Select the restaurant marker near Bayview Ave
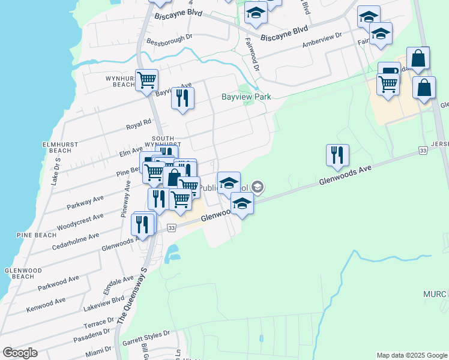coord(182,98)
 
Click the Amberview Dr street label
coord(322,40)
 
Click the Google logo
coord(20,353)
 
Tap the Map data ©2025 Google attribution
coord(412,355)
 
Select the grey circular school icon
coord(258,187)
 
